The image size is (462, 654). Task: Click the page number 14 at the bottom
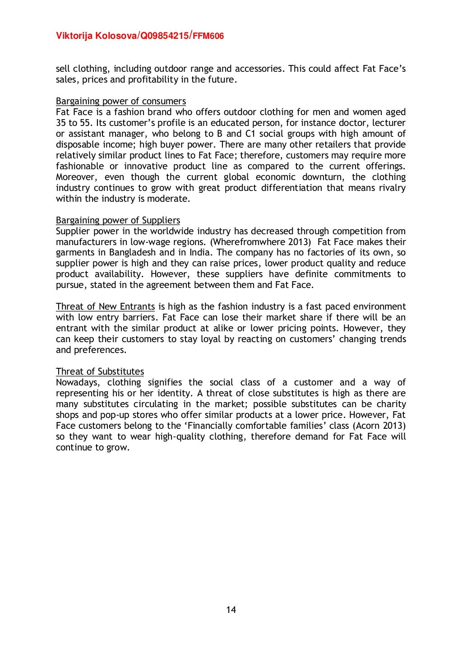(231, 610)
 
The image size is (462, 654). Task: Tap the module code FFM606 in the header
(208, 36)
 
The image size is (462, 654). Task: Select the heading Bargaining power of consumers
(120, 101)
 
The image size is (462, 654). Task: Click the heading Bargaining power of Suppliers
(118, 220)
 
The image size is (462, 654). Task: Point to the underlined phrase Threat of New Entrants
(105, 307)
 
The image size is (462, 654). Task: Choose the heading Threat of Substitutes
(100, 371)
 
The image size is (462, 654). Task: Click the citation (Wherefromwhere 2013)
(260, 242)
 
